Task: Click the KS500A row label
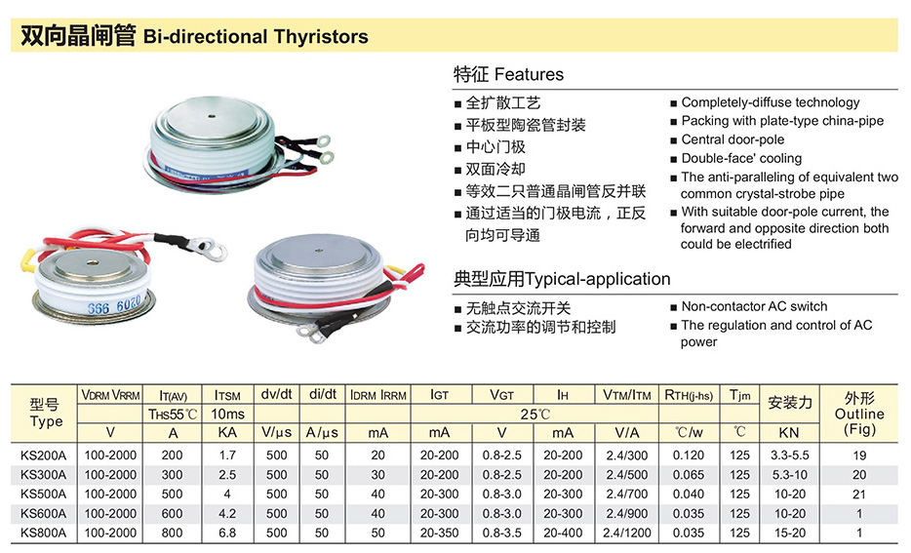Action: pos(43,494)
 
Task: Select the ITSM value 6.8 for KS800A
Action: pos(227,533)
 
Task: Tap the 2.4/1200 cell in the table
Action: pos(627,533)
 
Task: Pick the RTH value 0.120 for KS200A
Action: pos(689,455)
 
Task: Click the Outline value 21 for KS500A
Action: pos(859,494)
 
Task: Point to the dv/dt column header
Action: pos(277,394)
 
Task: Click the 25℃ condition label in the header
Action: pos(535,415)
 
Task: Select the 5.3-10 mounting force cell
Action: pos(790,475)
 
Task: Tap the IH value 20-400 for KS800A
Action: pos(563,533)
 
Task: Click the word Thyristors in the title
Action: pos(321,37)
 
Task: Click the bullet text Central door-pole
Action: pos(733,139)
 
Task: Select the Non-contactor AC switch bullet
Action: pos(754,306)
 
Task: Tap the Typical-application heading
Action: pos(597,279)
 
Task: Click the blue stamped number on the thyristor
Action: pos(114,304)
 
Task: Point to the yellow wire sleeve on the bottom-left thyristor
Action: pos(26,260)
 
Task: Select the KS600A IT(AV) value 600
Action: pos(172,513)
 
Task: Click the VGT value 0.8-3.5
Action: pos(502,533)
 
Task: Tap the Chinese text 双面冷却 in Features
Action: pos(495,169)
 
